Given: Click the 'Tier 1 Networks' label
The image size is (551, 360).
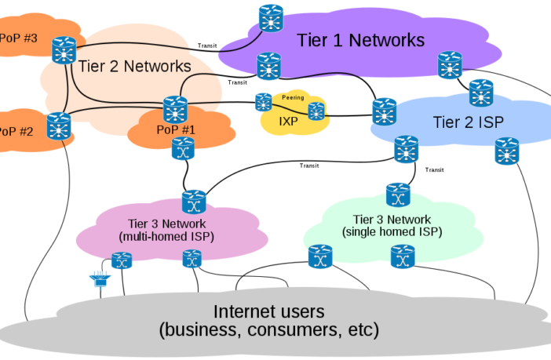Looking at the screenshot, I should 360,40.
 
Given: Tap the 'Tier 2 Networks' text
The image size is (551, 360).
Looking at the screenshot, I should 135,67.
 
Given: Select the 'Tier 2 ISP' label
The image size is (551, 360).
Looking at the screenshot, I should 468,122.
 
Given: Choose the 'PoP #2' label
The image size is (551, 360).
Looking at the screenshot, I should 16,131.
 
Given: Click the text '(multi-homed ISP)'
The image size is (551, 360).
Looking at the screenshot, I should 166,236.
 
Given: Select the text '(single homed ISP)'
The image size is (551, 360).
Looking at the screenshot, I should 392,232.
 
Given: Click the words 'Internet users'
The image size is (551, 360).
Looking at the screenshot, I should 268,311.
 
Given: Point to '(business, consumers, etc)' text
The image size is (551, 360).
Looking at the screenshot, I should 268,330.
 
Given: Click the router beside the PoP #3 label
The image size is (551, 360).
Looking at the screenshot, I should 63,50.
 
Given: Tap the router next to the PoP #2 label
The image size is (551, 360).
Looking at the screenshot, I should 58,125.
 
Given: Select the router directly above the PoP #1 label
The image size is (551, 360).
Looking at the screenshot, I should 174,107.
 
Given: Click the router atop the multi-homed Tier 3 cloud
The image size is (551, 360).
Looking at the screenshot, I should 193,201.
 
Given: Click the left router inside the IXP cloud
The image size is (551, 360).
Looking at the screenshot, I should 263,102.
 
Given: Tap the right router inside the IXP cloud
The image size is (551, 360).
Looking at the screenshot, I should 316,111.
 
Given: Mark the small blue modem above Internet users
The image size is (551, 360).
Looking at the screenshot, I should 100,278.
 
